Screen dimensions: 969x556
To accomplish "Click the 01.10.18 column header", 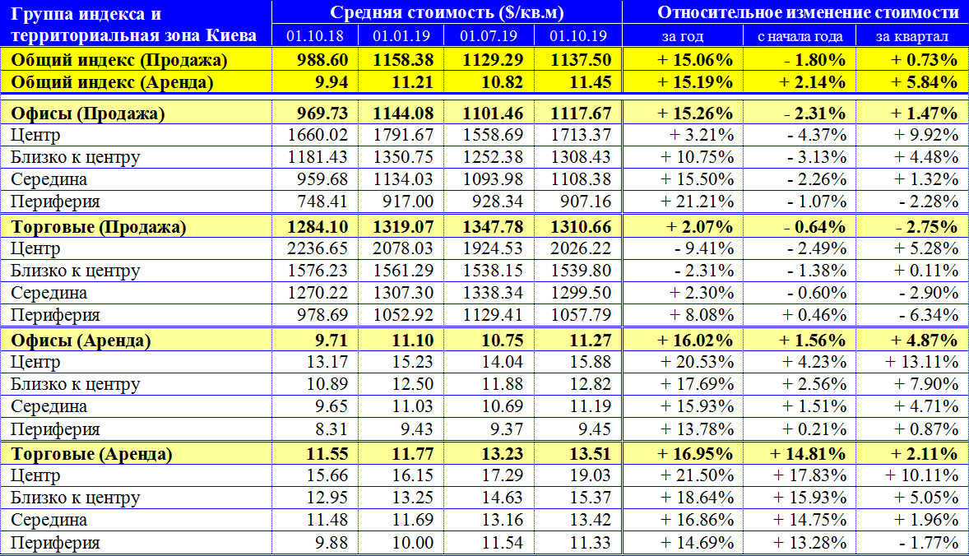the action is click(314, 36).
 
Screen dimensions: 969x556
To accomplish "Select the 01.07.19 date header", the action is click(489, 36).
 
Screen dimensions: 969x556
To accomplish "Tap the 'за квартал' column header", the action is click(912, 36).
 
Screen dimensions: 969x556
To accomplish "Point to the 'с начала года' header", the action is click(800, 36).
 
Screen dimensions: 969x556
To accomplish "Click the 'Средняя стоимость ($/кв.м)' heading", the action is click(447, 12).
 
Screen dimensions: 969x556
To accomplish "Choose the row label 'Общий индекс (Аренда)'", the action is click(112, 82).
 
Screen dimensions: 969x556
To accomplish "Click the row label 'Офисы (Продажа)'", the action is click(88, 114).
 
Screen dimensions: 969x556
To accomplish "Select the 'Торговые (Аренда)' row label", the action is click(91, 454).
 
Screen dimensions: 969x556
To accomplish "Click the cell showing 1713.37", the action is click(581, 135).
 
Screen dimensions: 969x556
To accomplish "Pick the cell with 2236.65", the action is click(317, 248).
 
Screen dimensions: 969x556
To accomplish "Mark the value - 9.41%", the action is click(704, 248).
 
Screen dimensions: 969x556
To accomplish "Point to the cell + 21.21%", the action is click(697, 202).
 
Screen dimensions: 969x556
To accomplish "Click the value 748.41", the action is click(322, 202).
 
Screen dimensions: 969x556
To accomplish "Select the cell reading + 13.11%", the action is click(921, 362).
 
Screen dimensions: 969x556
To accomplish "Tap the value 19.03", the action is click(590, 475).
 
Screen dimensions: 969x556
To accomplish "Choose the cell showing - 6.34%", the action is click(928, 315).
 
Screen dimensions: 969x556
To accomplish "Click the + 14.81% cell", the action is click(808, 454).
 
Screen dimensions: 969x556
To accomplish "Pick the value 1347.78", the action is click(494, 227).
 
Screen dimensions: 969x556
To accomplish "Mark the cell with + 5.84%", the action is click(925, 82).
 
